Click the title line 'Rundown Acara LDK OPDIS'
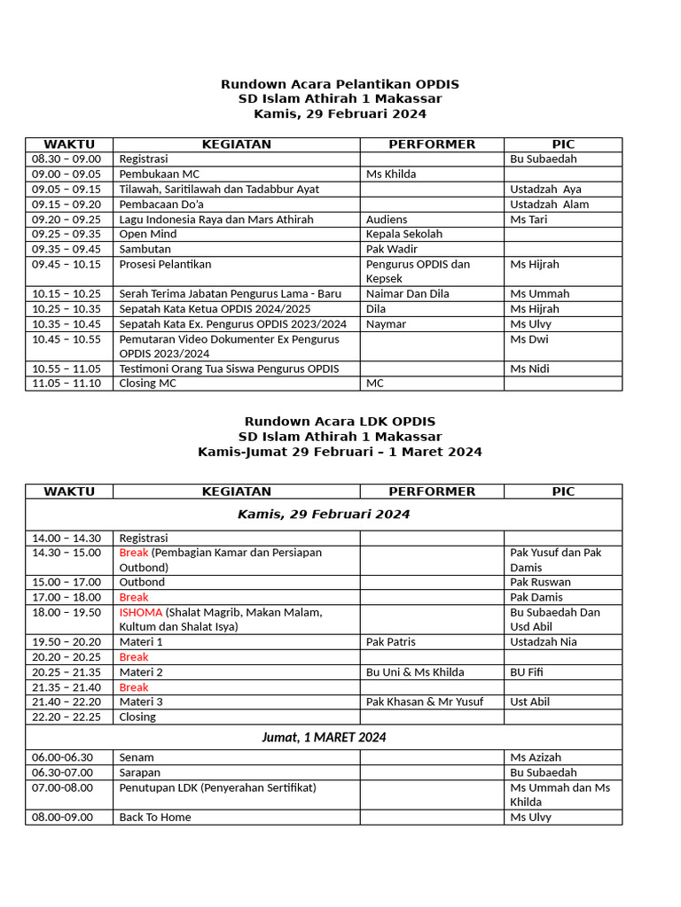coord(340,422)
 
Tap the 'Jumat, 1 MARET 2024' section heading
coord(324,737)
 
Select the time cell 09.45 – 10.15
coord(67,264)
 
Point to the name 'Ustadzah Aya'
coord(545,190)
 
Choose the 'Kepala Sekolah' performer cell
coord(403,234)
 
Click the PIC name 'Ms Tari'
coord(528,219)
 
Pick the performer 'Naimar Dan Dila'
coord(407,293)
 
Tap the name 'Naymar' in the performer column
coord(386,324)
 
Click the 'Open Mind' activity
coord(148,234)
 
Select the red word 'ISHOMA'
coord(141,612)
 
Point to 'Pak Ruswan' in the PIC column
coord(540,582)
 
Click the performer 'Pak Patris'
coord(390,641)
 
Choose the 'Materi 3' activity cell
coord(141,702)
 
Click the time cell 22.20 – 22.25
coord(67,717)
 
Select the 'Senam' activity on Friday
coord(137,757)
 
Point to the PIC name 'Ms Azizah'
coord(536,757)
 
